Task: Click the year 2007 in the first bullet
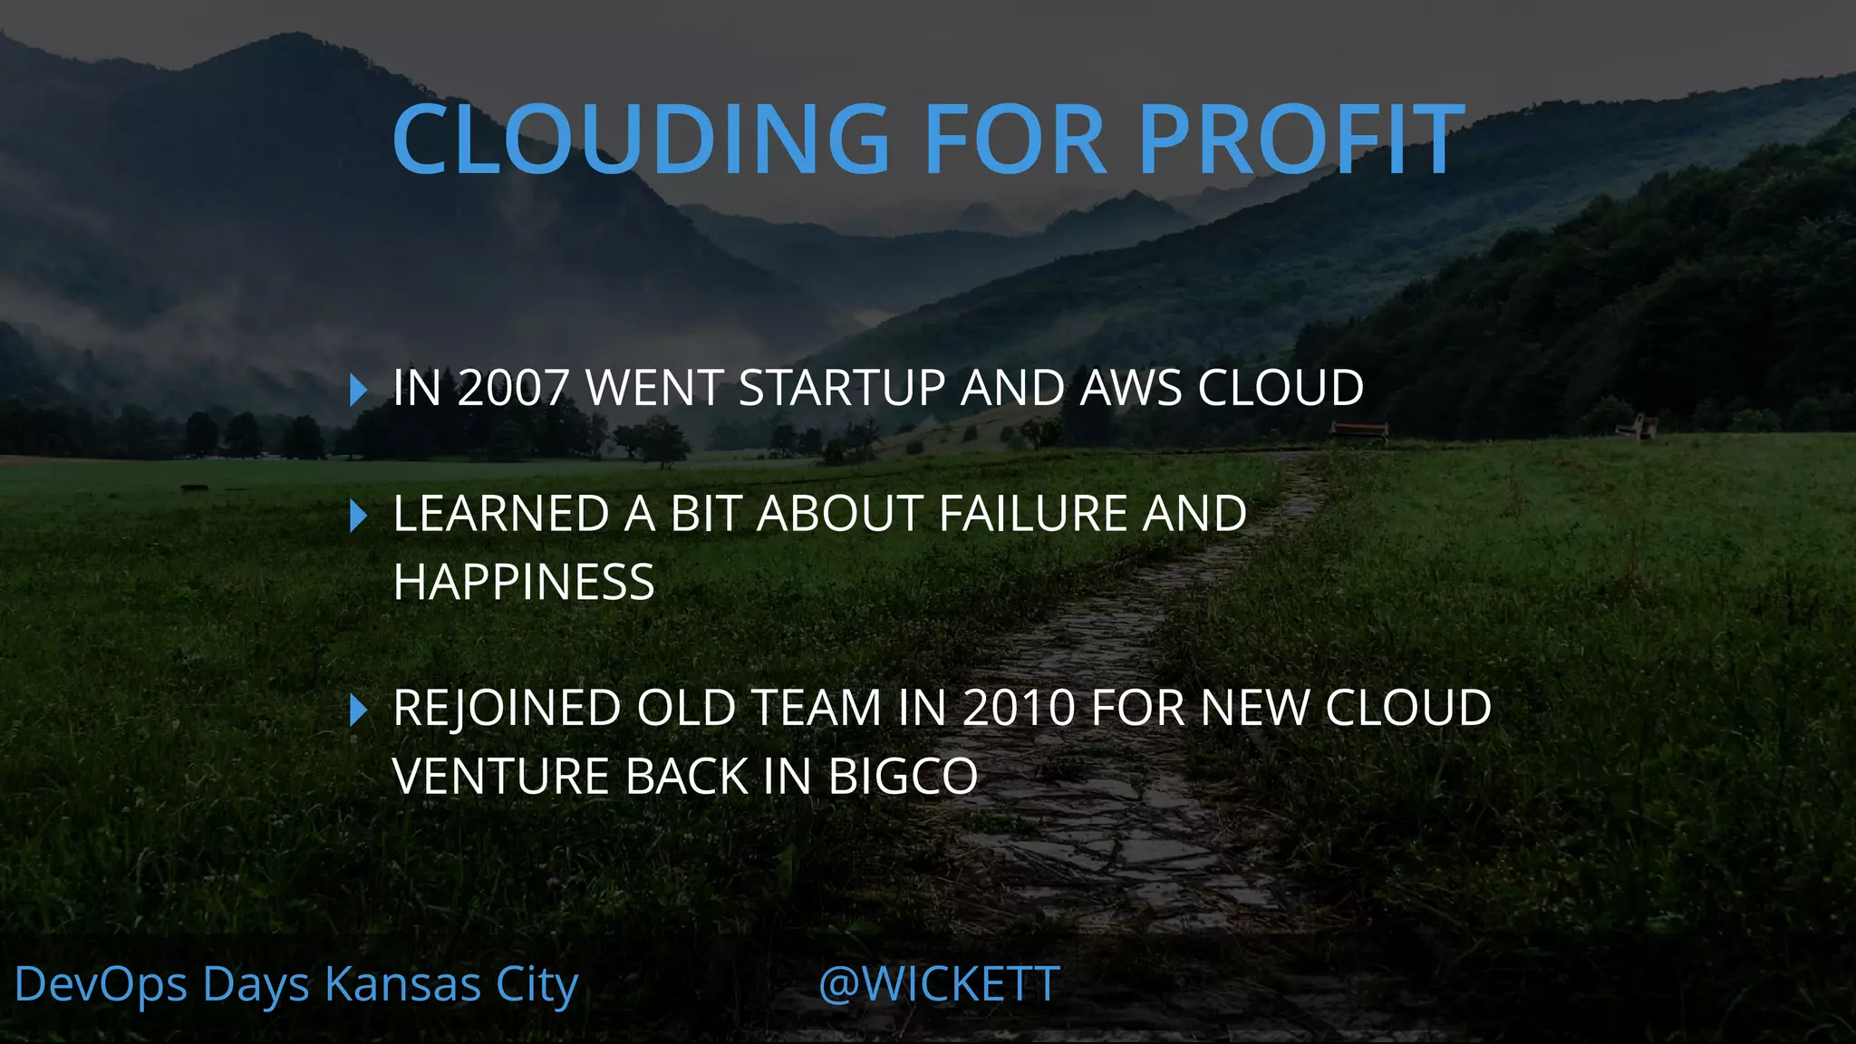point(512,388)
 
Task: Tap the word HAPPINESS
point(524,582)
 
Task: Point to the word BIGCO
point(903,777)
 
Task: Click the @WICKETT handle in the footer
point(939,984)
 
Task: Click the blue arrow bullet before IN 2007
point(358,390)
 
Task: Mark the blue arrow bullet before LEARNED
point(358,516)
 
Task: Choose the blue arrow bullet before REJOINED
point(358,710)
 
